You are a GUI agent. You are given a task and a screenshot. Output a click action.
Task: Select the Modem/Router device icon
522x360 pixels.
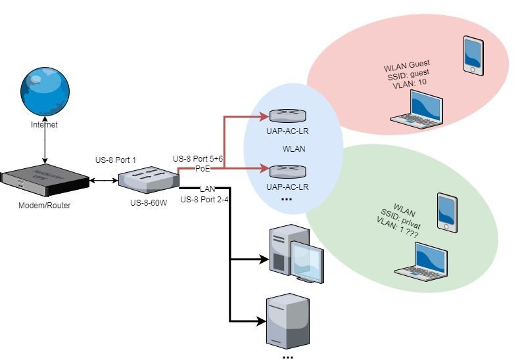tap(45, 182)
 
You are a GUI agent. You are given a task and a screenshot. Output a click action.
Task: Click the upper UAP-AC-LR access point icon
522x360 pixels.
tap(287, 116)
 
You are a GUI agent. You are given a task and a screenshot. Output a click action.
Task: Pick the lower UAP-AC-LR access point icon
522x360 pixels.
tap(287, 171)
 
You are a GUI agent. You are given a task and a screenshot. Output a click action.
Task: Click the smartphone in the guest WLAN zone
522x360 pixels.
tap(473, 55)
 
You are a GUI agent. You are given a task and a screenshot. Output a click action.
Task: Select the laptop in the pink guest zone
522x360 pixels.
tap(417, 107)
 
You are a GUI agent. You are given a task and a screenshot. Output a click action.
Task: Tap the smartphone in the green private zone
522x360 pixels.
tap(447, 212)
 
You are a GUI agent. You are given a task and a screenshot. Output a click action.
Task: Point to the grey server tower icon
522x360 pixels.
tap(287, 321)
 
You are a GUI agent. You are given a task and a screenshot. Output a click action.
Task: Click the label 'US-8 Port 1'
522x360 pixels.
tap(116, 160)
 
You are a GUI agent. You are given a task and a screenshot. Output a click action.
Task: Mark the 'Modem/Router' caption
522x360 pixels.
tap(44, 206)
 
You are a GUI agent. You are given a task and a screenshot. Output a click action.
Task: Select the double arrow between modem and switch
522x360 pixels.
tap(103, 180)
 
